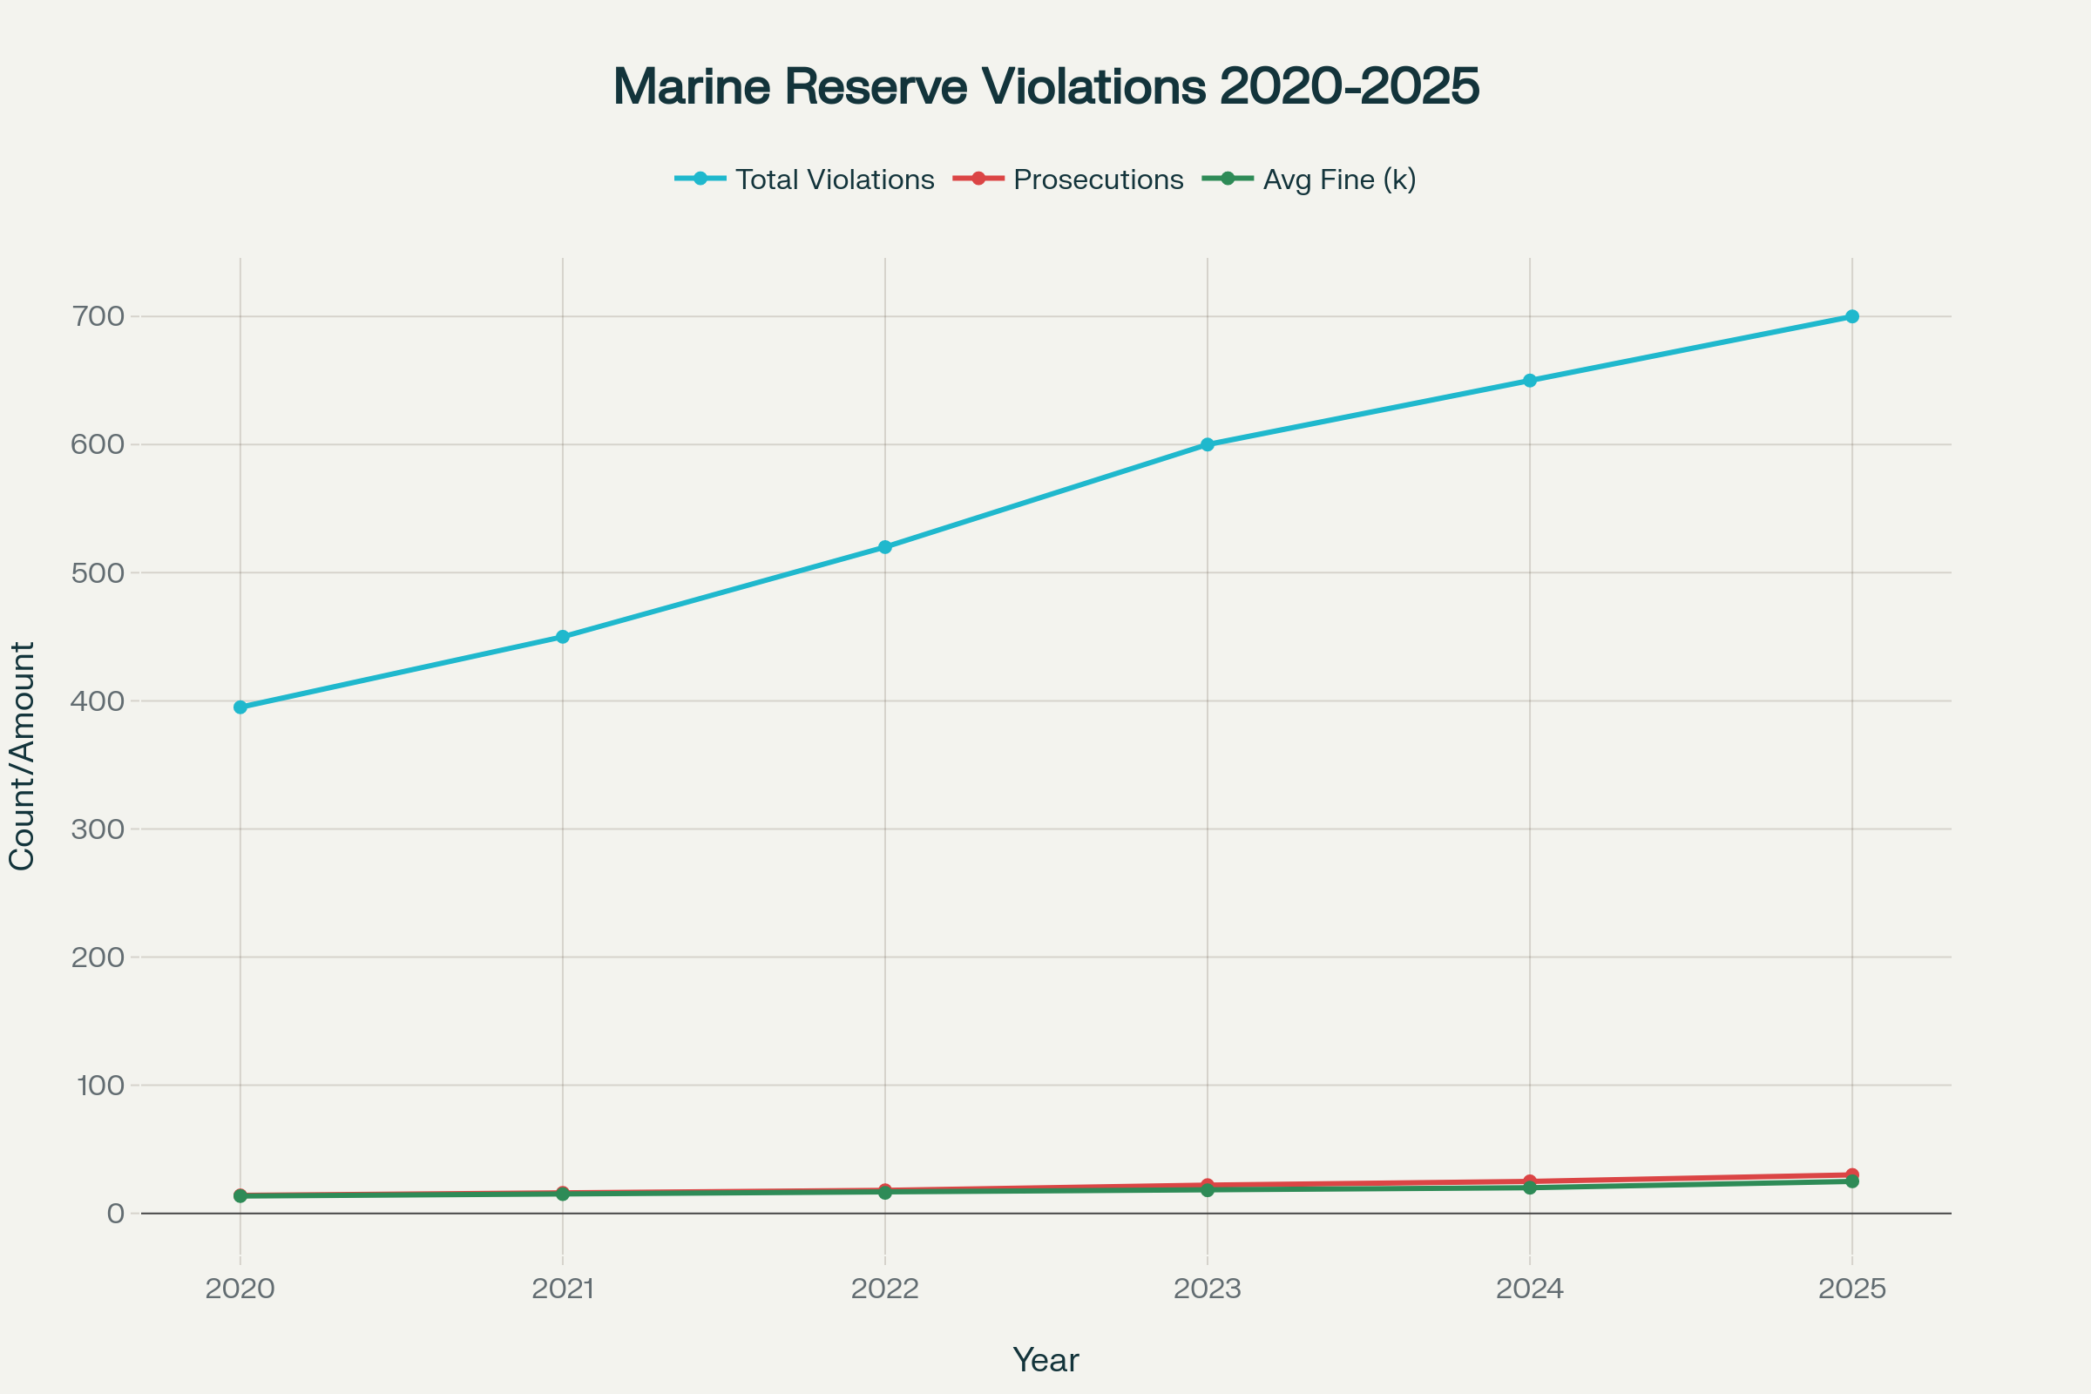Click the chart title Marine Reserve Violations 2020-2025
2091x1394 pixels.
1045,87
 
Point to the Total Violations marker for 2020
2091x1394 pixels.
240,707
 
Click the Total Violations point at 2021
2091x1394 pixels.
563,637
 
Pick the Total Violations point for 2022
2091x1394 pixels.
884,547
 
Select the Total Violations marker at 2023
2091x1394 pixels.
1208,444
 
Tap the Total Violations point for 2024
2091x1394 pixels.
1529,381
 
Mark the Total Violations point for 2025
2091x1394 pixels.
1852,316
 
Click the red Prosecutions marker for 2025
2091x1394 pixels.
1852,1174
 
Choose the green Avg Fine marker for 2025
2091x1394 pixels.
1852,1181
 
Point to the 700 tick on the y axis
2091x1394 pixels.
98,316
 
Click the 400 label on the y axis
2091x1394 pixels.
98,700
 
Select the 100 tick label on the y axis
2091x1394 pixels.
100,1085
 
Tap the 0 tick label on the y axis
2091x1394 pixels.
116,1214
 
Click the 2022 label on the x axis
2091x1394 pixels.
884,1289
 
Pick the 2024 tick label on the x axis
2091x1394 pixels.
1529,1289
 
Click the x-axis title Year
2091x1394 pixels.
1045,1360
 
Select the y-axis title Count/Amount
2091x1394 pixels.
21,755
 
